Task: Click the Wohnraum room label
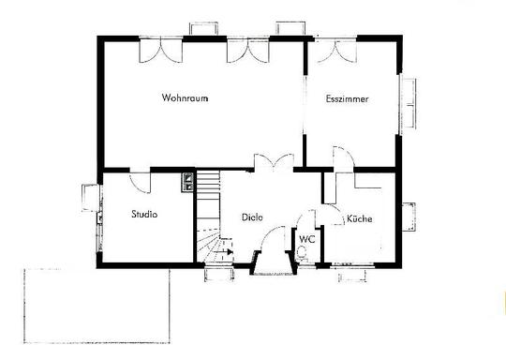tap(185, 97)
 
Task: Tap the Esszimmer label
tap(347, 98)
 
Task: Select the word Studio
tap(144, 214)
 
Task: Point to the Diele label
tap(252, 217)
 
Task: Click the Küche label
tap(359, 218)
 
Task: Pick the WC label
tap(306, 239)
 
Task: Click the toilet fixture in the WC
tap(303, 252)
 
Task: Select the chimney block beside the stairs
tap(187, 183)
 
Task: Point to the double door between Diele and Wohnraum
tap(274, 161)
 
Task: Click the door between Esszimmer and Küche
tap(344, 157)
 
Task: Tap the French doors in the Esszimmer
tap(335, 51)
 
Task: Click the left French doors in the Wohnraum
tap(161, 51)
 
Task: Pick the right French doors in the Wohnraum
tap(247, 51)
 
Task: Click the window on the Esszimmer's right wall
tap(407, 104)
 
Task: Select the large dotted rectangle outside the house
tap(97, 306)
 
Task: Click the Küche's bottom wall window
tap(352, 271)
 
